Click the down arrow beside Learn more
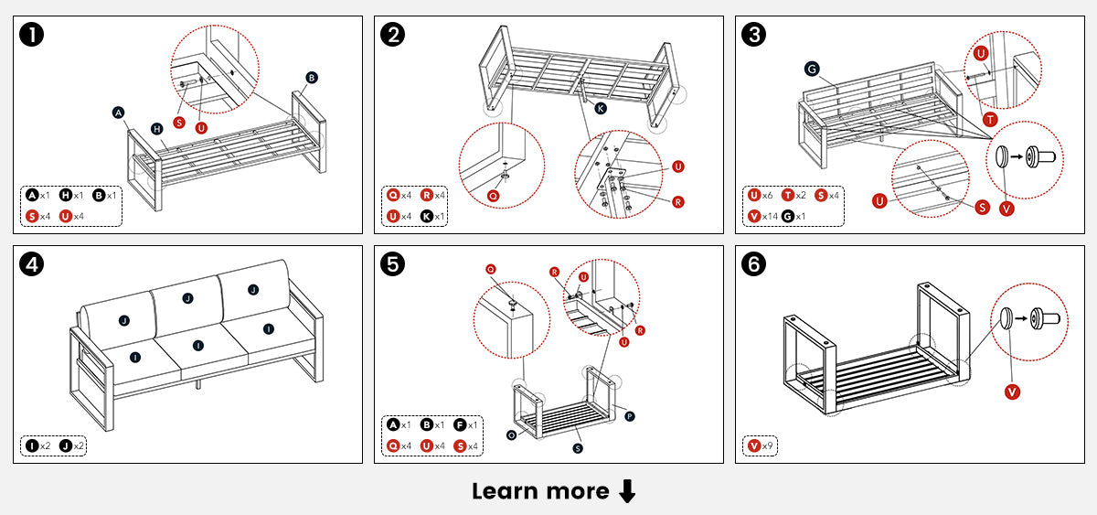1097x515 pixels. [627, 492]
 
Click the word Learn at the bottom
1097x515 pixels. [502, 491]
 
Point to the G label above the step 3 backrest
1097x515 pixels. [811, 69]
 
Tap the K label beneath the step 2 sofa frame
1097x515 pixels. [601, 108]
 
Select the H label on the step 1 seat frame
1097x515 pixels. [156, 129]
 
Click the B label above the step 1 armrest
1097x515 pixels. [312, 78]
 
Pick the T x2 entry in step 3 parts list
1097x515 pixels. [792, 195]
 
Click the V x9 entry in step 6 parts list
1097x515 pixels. [760, 446]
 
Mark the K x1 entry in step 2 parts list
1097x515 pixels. [434, 217]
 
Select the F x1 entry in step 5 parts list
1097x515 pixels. [465, 424]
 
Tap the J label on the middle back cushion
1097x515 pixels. [187, 298]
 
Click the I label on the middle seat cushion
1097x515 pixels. [198, 345]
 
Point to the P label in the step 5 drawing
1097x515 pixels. [630, 416]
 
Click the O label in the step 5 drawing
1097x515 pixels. [508, 435]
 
